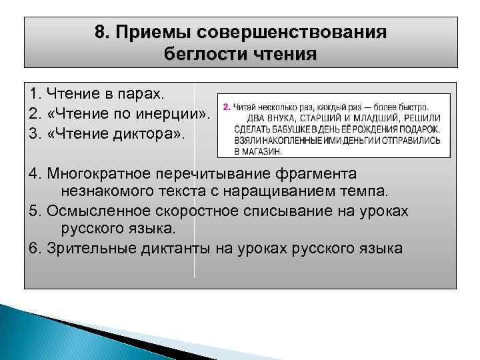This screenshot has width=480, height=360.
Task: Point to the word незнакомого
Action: (x=106, y=193)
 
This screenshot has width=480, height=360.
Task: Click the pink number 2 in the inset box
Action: (x=226, y=107)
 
